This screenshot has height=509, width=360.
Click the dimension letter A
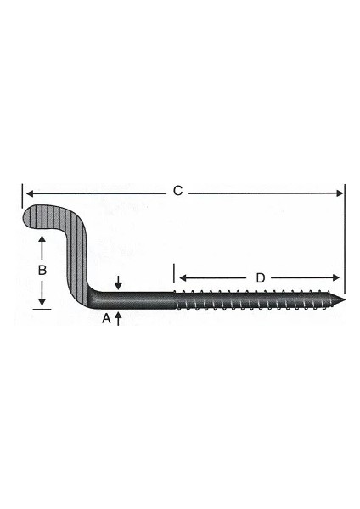(x=106, y=319)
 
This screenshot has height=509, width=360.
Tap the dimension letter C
(x=177, y=192)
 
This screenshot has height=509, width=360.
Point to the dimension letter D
(x=260, y=277)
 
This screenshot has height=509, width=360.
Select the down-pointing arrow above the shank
(x=118, y=283)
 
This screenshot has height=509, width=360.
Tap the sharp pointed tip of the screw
(x=346, y=300)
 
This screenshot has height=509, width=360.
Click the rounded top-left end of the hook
(x=29, y=217)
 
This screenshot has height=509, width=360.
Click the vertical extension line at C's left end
(x=21, y=197)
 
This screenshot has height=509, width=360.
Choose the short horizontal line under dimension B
(x=42, y=310)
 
